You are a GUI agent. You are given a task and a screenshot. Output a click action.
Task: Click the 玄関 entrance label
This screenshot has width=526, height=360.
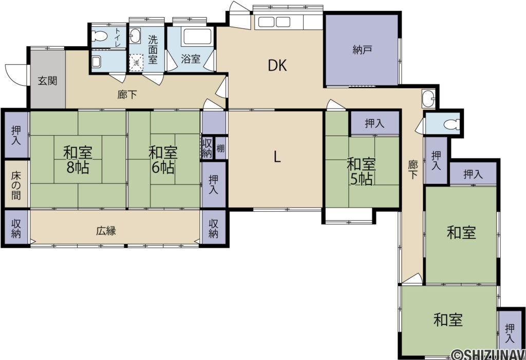47,81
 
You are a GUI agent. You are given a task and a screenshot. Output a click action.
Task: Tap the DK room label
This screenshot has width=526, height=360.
277,66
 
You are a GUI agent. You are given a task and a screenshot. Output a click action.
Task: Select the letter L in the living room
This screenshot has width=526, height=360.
277,156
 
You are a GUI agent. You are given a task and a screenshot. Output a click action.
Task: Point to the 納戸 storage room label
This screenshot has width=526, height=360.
362,50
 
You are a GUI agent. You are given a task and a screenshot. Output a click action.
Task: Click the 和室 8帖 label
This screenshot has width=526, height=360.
78,160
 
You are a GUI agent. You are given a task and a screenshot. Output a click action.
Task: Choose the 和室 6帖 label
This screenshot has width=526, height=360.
163,160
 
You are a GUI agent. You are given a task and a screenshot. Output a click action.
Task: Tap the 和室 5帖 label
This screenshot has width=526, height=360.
361,172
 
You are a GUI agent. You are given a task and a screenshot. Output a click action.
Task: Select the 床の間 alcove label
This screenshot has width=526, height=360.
16,185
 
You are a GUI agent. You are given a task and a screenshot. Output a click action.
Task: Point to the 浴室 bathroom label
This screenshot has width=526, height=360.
191,59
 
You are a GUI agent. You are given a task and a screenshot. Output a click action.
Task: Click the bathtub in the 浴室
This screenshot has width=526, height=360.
197,36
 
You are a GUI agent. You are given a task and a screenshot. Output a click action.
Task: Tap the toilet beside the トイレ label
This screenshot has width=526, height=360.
100,35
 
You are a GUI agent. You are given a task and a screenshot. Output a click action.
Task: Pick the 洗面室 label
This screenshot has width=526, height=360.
153,50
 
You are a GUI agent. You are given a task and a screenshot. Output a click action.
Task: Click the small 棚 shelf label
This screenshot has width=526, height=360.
220,148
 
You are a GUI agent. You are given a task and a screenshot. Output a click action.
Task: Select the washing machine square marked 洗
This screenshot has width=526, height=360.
137,63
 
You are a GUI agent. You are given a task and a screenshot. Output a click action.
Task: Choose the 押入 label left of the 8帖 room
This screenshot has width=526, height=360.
16,135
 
